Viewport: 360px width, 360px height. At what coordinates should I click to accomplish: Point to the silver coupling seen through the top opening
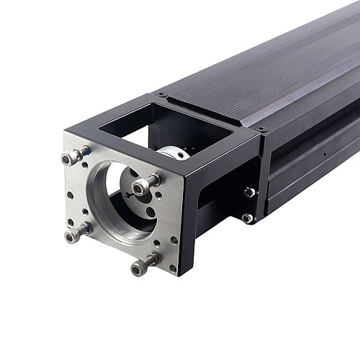[176, 152]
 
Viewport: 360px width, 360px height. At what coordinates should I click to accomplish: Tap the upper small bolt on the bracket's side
[249, 192]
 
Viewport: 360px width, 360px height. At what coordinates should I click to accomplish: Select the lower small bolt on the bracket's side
[247, 217]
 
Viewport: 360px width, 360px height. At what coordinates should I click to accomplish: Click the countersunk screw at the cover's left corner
[162, 94]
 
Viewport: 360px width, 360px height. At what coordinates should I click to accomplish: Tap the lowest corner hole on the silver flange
[172, 269]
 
